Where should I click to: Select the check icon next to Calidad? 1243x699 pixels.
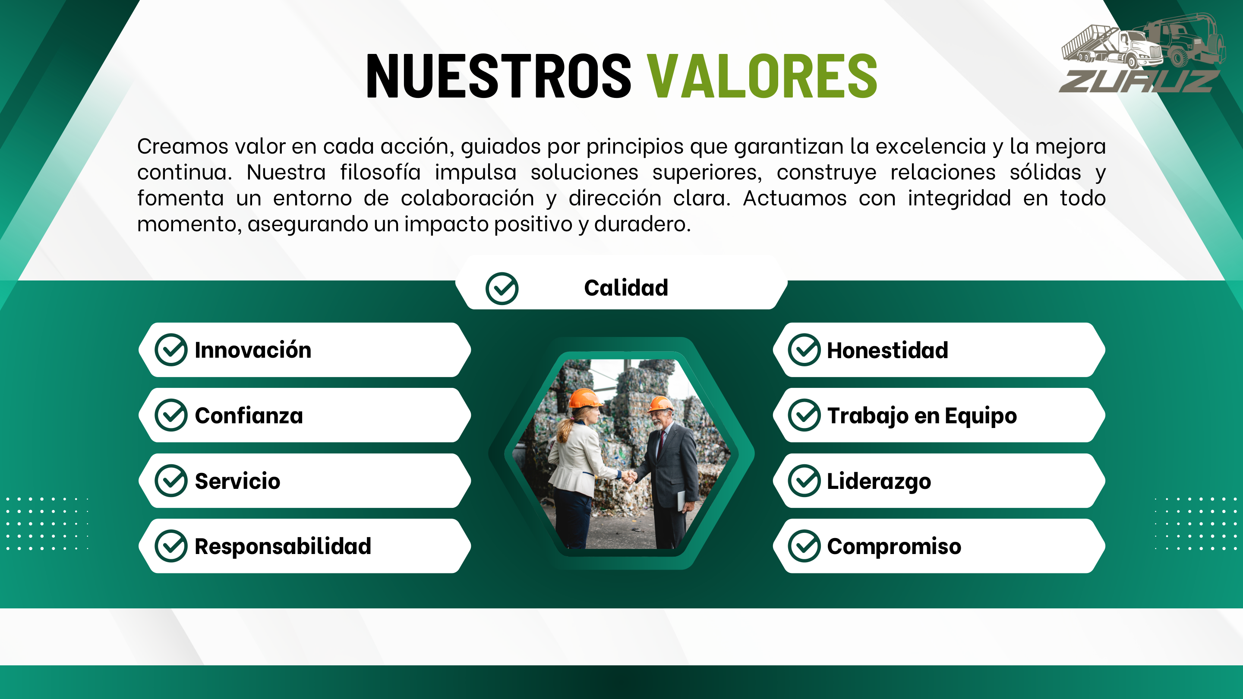tap(502, 289)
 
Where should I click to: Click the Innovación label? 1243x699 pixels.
tap(253, 350)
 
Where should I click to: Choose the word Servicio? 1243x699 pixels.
tap(237, 481)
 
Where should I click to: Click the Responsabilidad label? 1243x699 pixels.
tap(283, 546)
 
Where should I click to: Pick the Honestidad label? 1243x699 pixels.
tap(887, 350)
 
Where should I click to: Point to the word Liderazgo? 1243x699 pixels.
tap(879, 481)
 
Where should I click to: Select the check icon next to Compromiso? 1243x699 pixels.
tap(804, 546)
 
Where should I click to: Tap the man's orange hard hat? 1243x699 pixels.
tap(659, 403)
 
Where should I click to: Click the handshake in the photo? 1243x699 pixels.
tap(629, 477)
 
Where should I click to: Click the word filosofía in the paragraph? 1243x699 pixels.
tap(380, 172)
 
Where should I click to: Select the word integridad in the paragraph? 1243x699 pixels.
tap(959, 198)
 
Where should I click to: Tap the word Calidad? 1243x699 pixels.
tap(626, 288)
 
